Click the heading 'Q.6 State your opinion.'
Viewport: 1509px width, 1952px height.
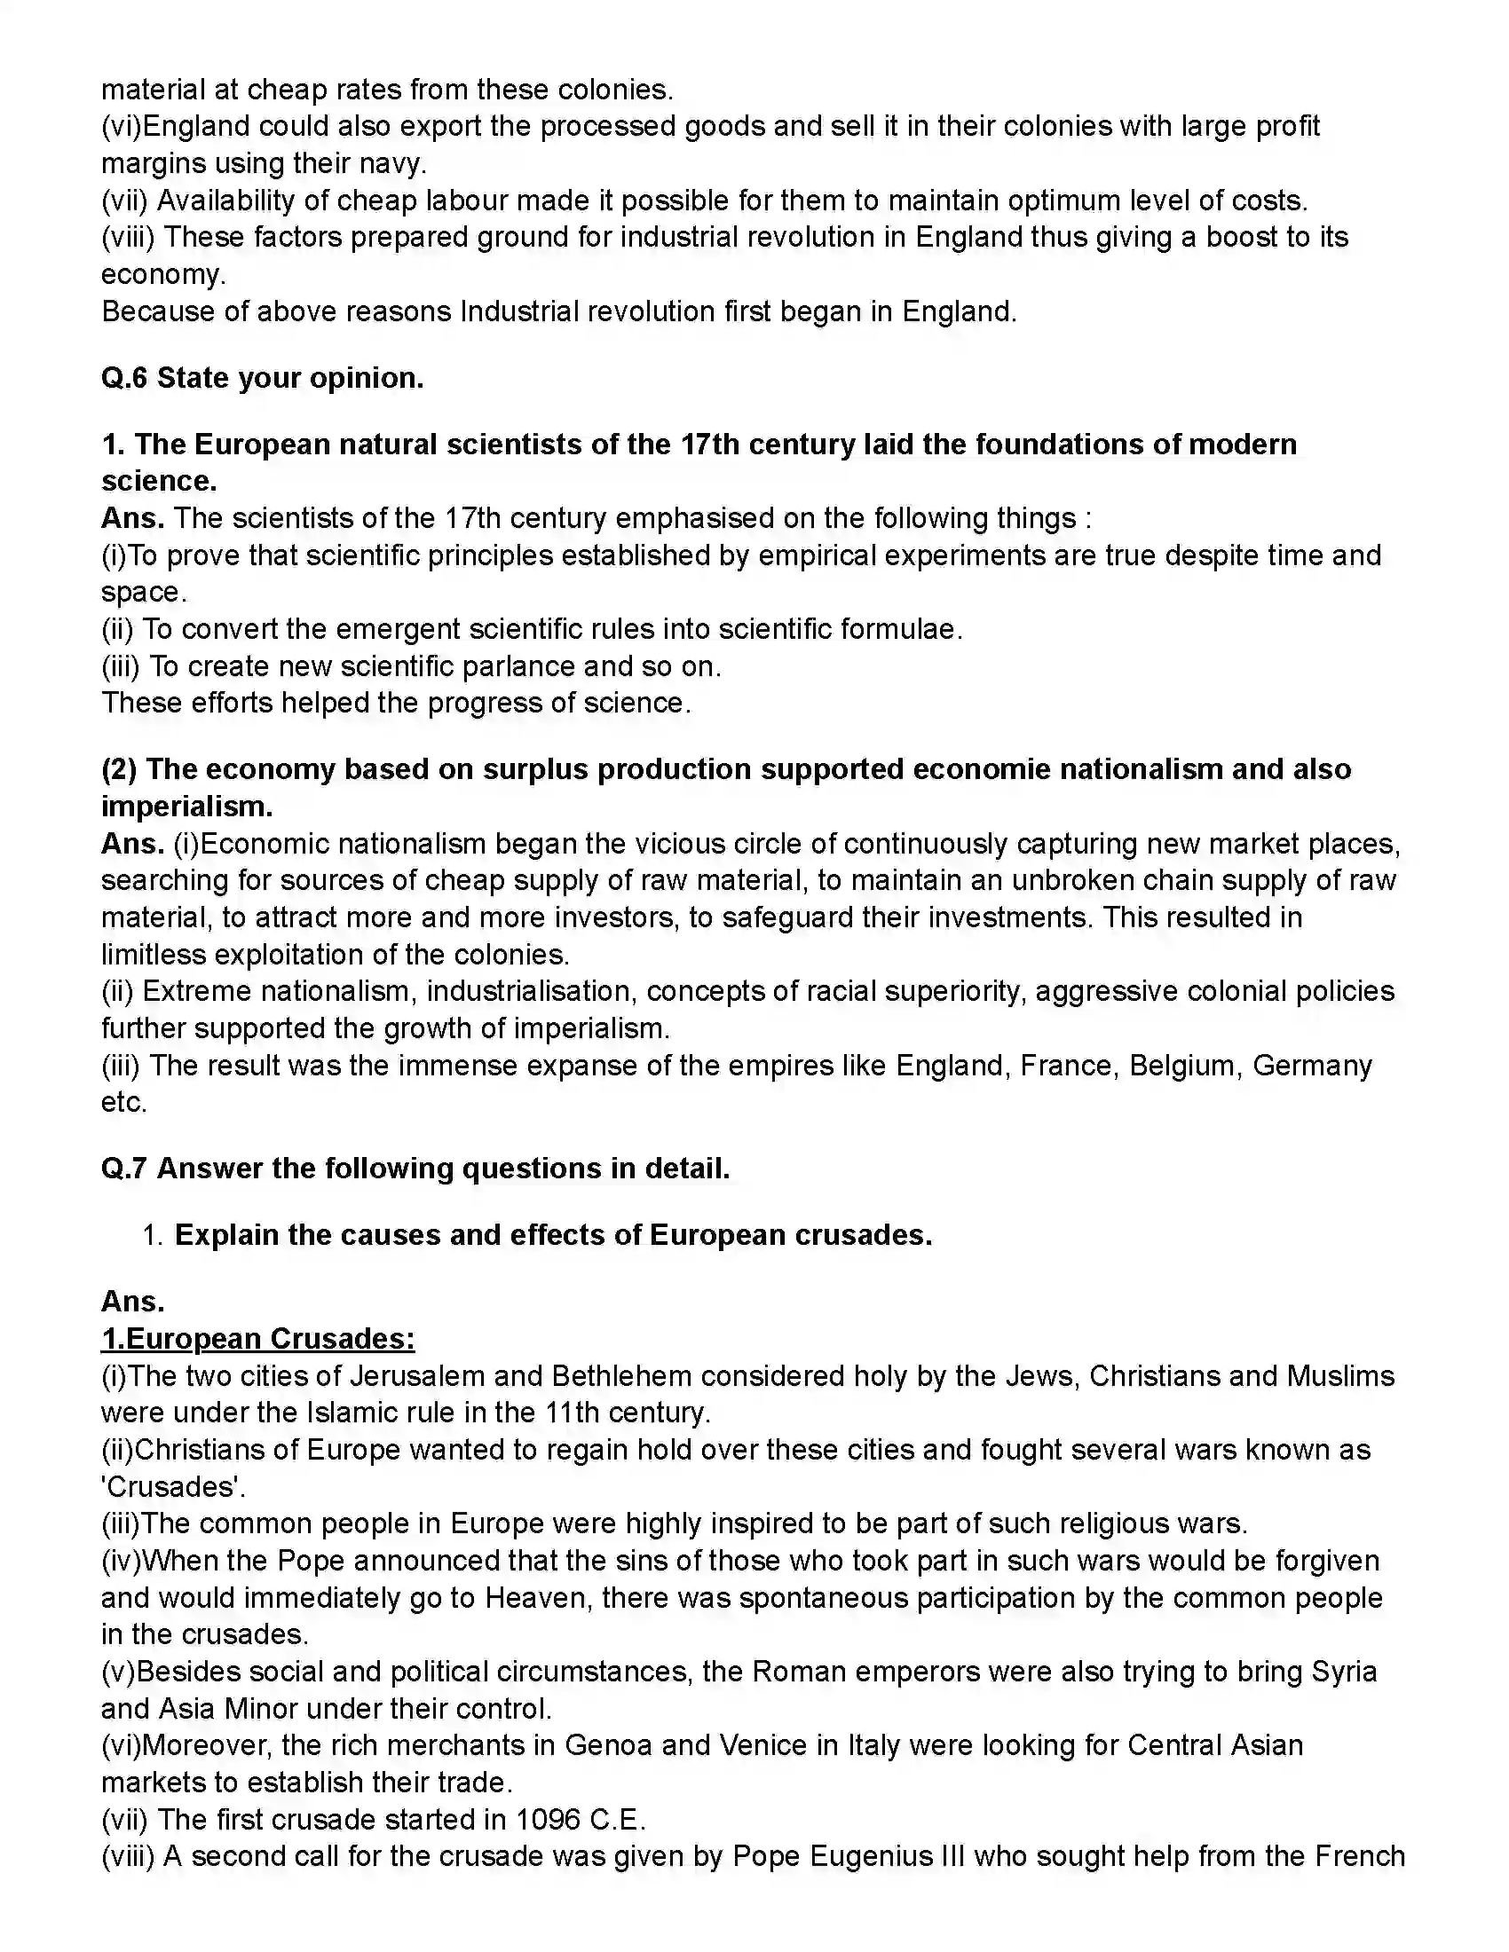tap(262, 378)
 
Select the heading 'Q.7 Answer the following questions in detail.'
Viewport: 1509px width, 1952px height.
tap(415, 1169)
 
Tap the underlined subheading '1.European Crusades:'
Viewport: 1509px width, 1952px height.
tap(257, 1338)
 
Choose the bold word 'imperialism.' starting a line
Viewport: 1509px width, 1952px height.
tap(186, 807)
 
